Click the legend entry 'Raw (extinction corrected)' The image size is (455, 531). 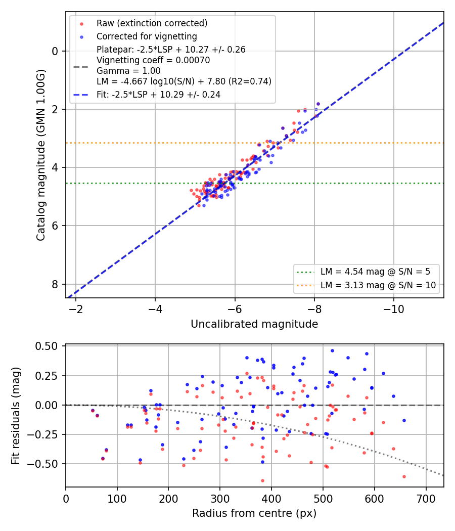tap(152, 23)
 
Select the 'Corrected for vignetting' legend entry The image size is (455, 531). tap(147, 36)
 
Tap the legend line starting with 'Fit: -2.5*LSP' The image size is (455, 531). tap(158, 95)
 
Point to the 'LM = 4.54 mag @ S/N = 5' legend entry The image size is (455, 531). tap(375, 272)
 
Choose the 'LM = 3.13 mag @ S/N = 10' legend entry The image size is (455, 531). tap(378, 285)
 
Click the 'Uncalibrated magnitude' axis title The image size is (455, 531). tap(254, 324)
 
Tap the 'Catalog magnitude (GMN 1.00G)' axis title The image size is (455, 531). tap(40, 155)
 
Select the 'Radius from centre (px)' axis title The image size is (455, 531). tap(254, 513)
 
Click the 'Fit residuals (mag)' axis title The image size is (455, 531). tap(16, 416)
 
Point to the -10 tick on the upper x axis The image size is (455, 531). tap(394, 309)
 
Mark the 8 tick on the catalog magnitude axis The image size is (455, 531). tap(55, 284)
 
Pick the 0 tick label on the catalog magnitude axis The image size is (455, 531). tap(55, 52)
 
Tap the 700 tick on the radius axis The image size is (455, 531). tap(426, 499)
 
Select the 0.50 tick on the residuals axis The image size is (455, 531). tap(47, 346)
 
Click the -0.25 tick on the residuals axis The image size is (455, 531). tap(42, 435)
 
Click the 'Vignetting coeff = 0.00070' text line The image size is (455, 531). tap(153, 60)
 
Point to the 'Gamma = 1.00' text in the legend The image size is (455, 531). tap(128, 71)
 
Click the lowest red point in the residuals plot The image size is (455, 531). tap(262, 480)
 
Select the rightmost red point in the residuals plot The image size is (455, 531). tap(404, 476)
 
